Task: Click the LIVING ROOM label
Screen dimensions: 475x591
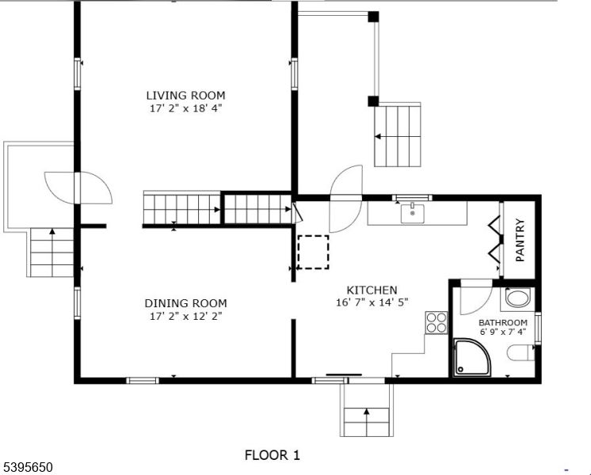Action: click(x=185, y=95)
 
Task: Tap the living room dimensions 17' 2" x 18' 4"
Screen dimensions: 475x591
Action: click(x=185, y=108)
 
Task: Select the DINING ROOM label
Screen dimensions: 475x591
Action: click(x=185, y=303)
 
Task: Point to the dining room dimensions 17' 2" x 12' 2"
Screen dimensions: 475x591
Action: click(x=185, y=316)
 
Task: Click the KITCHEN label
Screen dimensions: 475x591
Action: click(x=372, y=290)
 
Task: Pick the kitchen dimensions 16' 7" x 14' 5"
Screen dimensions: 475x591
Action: click(x=372, y=302)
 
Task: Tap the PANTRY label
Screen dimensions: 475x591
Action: click(x=520, y=241)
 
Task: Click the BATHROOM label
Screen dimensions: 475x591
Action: click(x=502, y=323)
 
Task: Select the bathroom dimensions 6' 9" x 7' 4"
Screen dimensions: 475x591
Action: click(x=502, y=332)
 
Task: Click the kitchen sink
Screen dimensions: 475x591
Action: click(x=413, y=213)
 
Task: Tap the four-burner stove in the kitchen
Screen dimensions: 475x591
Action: click(x=437, y=321)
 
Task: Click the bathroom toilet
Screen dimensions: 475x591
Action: click(x=524, y=353)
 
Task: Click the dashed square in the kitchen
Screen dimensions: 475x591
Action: click(x=313, y=253)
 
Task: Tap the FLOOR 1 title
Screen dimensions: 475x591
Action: click(x=272, y=455)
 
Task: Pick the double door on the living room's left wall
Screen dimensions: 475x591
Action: click(x=78, y=187)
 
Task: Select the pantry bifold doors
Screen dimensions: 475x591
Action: click(x=494, y=239)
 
